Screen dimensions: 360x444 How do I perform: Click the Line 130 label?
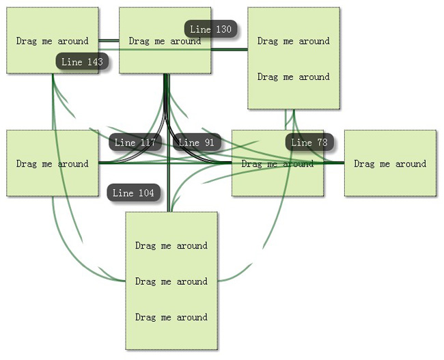pyautogui.click(x=210, y=29)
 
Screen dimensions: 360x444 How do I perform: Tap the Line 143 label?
pyautogui.click(x=82, y=62)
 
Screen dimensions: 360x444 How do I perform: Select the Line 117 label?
pyautogui.click(x=135, y=143)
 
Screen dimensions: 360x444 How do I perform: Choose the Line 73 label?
pyautogui.click(x=309, y=143)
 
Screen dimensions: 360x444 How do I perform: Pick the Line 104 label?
pyautogui.click(x=133, y=193)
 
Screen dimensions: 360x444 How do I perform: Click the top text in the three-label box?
pyautogui.click(x=171, y=246)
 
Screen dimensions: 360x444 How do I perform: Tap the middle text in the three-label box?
pyautogui.click(x=171, y=281)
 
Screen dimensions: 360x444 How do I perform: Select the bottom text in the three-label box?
pyautogui.click(x=171, y=317)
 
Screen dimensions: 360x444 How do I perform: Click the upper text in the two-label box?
pyautogui.click(x=294, y=41)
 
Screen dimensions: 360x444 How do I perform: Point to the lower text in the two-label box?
pyautogui.click(x=294, y=77)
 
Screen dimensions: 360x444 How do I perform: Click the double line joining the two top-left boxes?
pyautogui.click(x=109, y=41)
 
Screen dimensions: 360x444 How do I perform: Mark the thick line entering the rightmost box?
pyautogui.click(x=334, y=163)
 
